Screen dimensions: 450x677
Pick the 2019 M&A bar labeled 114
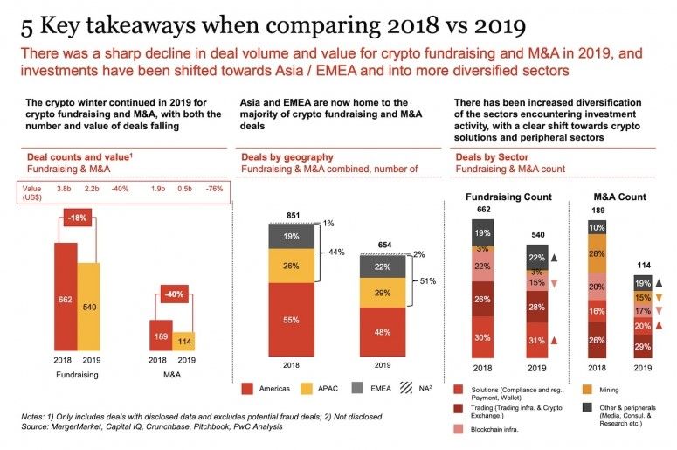(184, 341)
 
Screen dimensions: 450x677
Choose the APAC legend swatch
(306, 387)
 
